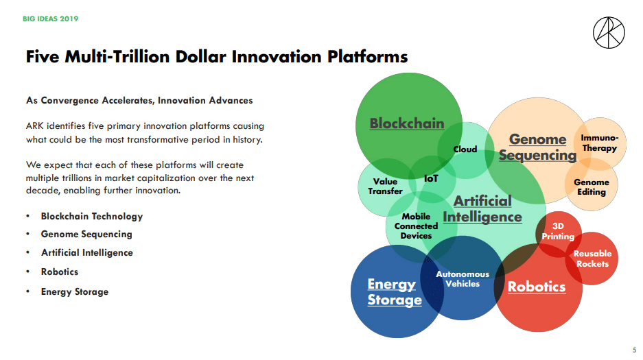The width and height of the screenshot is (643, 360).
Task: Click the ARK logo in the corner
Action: click(609, 33)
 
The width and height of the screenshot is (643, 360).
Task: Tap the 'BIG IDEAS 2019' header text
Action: click(51, 19)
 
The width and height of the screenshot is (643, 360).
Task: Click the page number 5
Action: click(634, 350)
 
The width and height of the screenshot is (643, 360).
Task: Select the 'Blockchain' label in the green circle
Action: click(407, 123)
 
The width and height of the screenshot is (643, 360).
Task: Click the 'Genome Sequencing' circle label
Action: click(537, 147)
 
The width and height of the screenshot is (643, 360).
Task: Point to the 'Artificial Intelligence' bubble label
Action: click(482, 209)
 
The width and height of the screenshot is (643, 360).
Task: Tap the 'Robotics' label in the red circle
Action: click(537, 287)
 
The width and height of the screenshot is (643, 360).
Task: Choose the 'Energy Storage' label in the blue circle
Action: click(395, 291)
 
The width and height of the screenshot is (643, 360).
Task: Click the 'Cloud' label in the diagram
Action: click(465, 149)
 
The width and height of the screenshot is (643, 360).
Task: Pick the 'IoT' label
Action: click(431, 178)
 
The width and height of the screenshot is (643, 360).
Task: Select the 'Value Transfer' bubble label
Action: click(385, 187)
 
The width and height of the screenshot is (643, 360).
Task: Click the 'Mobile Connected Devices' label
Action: click(416, 226)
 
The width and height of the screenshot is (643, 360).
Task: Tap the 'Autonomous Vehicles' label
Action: click(463, 279)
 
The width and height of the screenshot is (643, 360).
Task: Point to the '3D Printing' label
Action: click(558, 231)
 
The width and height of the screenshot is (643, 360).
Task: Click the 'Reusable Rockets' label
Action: click(592, 259)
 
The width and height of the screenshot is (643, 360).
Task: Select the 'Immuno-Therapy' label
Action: click(600, 143)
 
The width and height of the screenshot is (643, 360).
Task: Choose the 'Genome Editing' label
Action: click(592, 187)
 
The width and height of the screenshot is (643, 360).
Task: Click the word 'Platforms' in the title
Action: click(367, 56)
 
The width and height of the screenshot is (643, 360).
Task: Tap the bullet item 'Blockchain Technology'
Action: click(92, 216)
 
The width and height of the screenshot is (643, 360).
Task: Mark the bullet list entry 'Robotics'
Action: click(60, 272)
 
